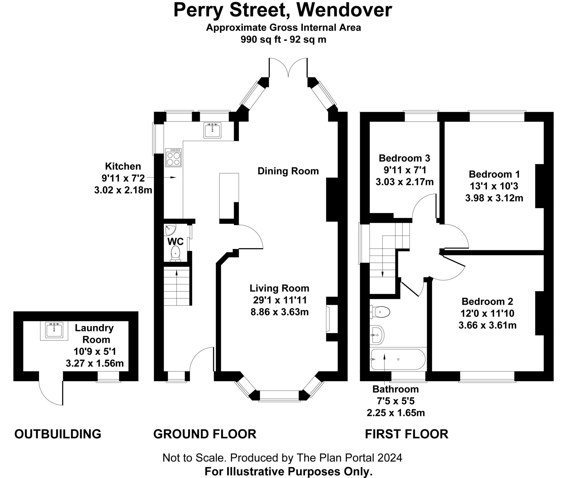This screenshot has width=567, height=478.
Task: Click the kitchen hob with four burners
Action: click(x=173, y=158)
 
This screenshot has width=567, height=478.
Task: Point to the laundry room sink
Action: click(x=54, y=330)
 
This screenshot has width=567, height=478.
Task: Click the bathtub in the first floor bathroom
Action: click(x=398, y=359)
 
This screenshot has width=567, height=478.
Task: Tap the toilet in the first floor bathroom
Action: click(x=381, y=312)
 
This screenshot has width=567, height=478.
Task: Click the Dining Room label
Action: click(x=288, y=171)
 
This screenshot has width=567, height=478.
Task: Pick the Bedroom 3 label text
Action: click(x=404, y=158)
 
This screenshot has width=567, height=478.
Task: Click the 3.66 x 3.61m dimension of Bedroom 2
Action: click(x=487, y=325)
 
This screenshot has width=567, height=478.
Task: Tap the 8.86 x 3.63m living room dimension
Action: click(x=279, y=312)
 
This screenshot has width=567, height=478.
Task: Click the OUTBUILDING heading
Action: click(x=58, y=434)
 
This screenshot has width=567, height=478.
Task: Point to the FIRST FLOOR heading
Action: click(x=406, y=434)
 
